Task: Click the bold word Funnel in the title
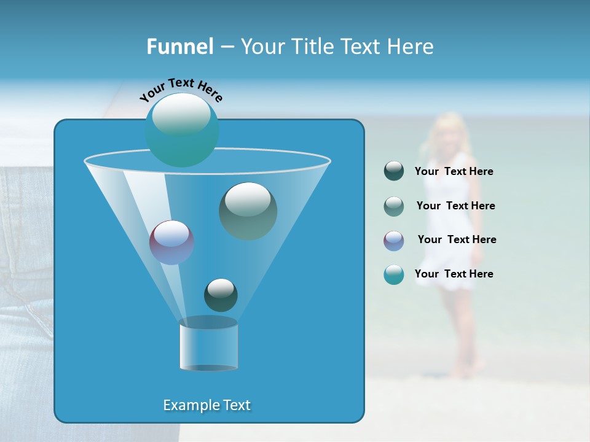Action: tap(179, 47)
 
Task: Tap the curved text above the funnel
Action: tap(181, 89)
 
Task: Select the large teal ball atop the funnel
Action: tap(182, 130)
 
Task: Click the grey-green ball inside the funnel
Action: tap(248, 211)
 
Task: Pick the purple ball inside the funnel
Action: tap(171, 242)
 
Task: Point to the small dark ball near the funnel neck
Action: tap(221, 295)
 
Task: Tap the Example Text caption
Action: tap(206, 405)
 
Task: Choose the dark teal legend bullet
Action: tap(394, 171)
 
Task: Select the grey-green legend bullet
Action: tap(394, 206)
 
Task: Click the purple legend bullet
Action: tap(394, 240)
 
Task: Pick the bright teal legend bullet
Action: tap(394, 274)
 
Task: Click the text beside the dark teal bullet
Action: tap(454, 172)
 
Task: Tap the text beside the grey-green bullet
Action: tap(455, 206)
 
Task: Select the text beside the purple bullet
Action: tap(457, 240)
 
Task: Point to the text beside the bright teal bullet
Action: tap(454, 274)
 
